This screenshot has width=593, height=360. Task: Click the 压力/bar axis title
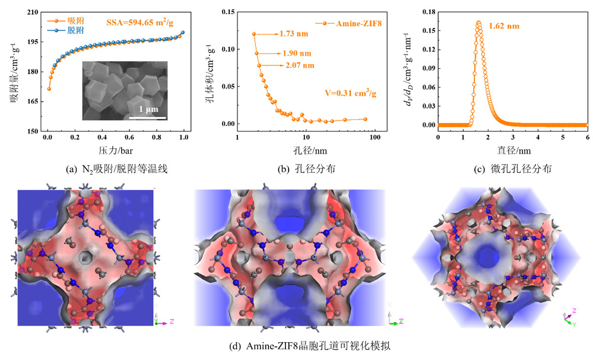pyautogui.click(x=115, y=151)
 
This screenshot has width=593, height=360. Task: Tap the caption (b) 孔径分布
pyautogui.click(x=307, y=169)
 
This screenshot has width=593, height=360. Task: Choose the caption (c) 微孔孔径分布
pyautogui.click(x=512, y=169)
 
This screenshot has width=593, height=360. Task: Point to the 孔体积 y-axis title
pyautogui.click(x=210, y=68)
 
